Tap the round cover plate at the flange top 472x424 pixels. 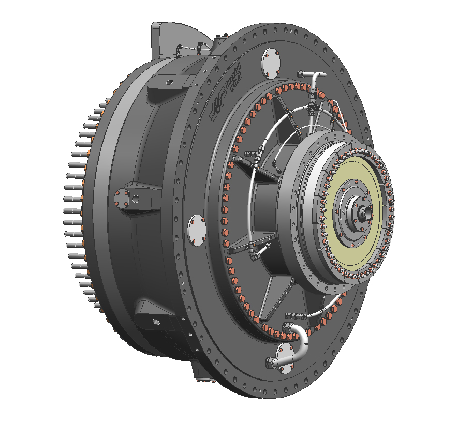(x=271, y=63)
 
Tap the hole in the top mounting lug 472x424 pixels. (x=168, y=81)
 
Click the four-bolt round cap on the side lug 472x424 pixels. (x=123, y=199)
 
